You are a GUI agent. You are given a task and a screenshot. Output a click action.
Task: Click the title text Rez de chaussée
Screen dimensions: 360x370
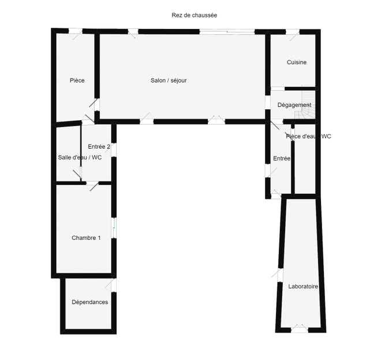[x=195, y=15]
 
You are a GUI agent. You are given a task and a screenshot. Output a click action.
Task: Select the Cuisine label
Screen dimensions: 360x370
[x=297, y=62]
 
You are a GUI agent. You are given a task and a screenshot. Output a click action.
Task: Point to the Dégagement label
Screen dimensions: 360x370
[x=294, y=105]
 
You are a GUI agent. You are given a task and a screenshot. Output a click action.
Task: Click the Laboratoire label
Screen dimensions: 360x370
[x=304, y=286]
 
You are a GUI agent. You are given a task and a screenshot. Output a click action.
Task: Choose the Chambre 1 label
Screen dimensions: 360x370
[x=86, y=238]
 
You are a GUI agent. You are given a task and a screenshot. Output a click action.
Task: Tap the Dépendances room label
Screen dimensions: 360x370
[x=89, y=302]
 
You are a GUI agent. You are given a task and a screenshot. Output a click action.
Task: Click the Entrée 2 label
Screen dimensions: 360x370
[x=99, y=147]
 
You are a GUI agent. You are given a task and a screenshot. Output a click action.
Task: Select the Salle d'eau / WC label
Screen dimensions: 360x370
[x=80, y=157]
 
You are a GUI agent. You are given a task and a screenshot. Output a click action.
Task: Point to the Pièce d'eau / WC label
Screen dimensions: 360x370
[x=308, y=136]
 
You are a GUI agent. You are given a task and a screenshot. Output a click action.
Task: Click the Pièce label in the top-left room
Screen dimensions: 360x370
[x=77, y=80]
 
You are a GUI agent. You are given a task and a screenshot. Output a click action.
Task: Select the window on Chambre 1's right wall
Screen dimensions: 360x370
[x=114, y=227]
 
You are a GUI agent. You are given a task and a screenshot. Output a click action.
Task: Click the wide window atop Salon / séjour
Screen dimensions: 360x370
[x=227, y=31]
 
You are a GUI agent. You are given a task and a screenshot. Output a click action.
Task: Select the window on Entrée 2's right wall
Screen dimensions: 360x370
[x=114, y=150]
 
